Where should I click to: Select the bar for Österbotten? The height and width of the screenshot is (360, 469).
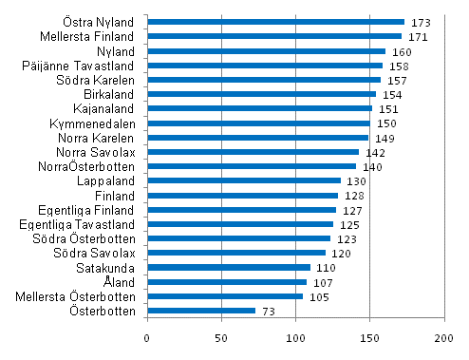click(x=201, y=311)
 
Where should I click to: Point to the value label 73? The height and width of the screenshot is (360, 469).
click(x=269, y=311)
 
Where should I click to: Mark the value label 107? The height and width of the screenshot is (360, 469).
click(x=321, y=282)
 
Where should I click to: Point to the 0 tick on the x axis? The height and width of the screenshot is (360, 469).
click(x=147, y=338)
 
